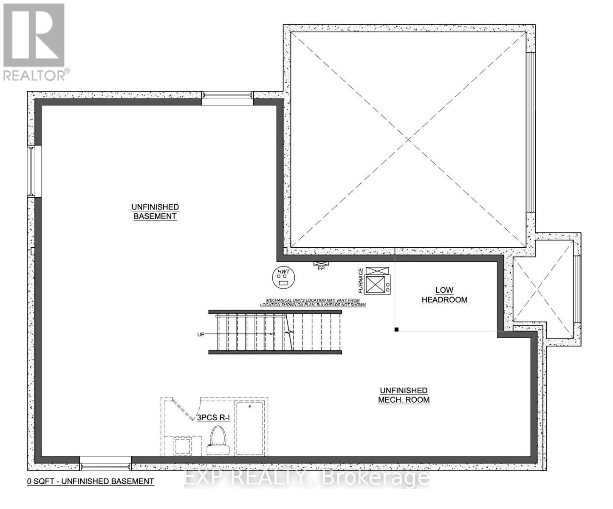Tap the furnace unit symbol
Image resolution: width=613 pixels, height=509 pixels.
pos(377,280)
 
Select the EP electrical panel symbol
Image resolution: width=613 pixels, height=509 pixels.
pos(321,263)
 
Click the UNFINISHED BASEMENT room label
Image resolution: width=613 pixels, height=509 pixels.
pos(155,211)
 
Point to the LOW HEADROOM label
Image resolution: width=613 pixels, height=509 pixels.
pos(444,295)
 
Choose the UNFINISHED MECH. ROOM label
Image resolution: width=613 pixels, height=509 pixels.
pos(404,395)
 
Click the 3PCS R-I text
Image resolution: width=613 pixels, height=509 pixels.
pos(213,417)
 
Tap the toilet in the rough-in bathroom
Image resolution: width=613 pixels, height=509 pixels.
pos(218,440)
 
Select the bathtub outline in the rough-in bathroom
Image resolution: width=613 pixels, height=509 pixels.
pos(250,428)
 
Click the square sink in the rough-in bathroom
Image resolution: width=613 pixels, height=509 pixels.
pos(183,446)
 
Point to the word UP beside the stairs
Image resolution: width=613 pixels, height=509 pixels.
pos(201,334)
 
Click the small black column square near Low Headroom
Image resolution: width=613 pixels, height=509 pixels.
pos(396,330)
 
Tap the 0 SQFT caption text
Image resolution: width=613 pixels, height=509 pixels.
pos(90,481)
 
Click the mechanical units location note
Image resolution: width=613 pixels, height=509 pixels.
pos(313,302)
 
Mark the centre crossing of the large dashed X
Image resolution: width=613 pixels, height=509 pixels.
pos(408,140)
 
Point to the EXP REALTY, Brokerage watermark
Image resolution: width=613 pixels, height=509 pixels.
pos(307,478)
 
